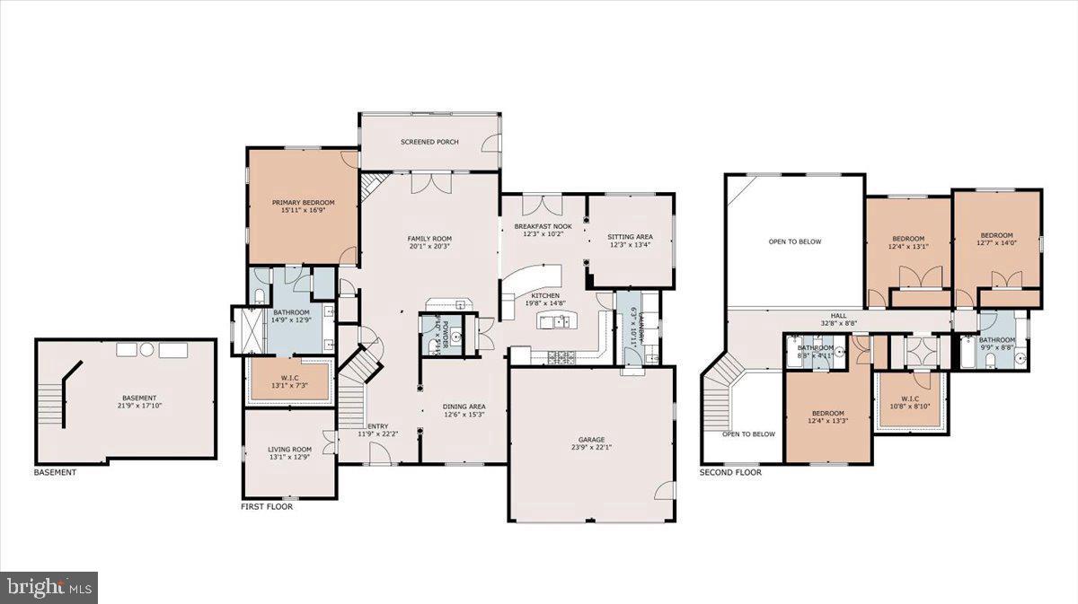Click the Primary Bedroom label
point(303,203)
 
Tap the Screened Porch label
point(429,142)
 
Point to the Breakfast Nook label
point(543,226)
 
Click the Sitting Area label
point(630,237)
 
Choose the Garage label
point(591,441)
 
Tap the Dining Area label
point(464,406)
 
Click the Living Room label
point(289,450)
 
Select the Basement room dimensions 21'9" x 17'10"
point(139,406)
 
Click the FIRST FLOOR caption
point(266,506)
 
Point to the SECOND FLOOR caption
point(730,472)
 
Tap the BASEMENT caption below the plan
point(55,472)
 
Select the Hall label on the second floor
point(838,315)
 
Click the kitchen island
point(555,321)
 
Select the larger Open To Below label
point(794,241)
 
